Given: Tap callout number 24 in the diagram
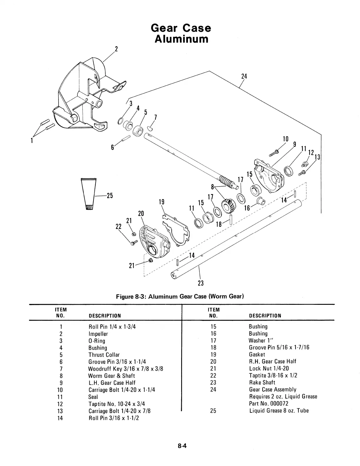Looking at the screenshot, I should click(x=244, y=76).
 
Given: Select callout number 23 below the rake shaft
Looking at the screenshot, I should click(x=201, y=283).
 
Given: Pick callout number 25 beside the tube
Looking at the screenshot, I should click(x=109, y=196).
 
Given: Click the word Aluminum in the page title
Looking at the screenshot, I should click(x=181, y=39).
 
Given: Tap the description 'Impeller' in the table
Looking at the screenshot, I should click(x=98, y=334).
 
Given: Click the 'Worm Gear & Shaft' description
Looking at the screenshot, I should click(x=111, y=376).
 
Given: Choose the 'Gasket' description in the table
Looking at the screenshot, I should click(x=257, y=355).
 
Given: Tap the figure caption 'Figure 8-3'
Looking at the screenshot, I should click(x=180, y=296).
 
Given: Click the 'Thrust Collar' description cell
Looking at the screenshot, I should click(x=104, y=355).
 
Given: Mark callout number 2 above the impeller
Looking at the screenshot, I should click(x=116, y=49).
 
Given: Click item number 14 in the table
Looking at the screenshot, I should click(x=60, y=418).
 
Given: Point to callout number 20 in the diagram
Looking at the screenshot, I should click(x=141, y=214).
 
